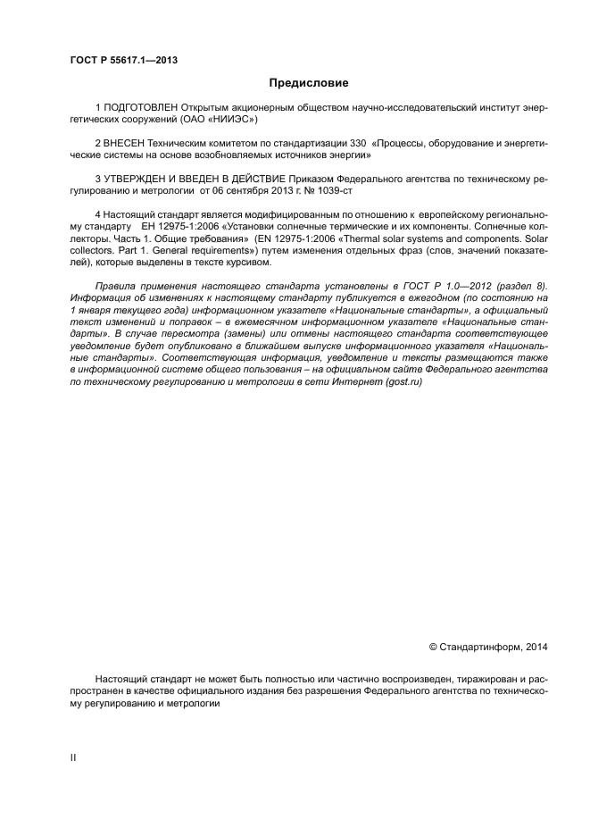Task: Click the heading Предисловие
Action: coord(310,83)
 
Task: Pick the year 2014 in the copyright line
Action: coord(535,645)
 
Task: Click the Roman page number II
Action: coord(73,758)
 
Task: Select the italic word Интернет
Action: coord(353,381)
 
